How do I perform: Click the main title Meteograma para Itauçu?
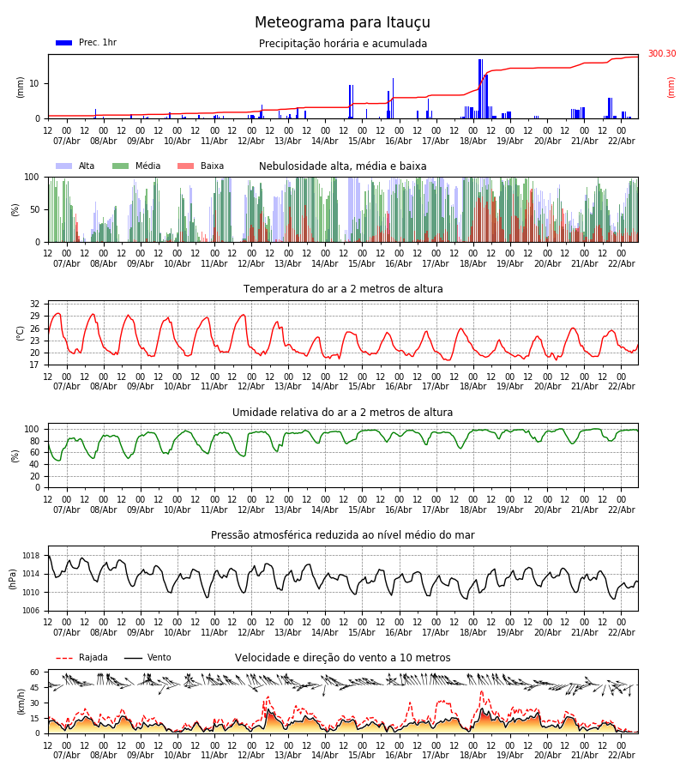[x=342, y=23]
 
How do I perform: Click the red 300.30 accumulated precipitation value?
[x=661, y=54]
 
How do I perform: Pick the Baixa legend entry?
[x=201, y=166]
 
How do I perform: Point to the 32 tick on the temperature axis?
[x=34, y=305]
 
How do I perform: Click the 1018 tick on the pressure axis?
[x=31, y=556]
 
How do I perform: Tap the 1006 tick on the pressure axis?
[x=31, y=611]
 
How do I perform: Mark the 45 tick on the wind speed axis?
[x=34, y=688]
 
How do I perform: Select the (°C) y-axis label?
[x=21, y=332]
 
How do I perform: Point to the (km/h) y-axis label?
[x=21, y=701]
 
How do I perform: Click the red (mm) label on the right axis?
[x=671, y=87]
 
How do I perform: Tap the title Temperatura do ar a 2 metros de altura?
[x=343, y=289]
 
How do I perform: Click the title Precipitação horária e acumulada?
[x=343, y=44]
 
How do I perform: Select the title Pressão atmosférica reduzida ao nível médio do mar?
[x=343, y=535]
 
